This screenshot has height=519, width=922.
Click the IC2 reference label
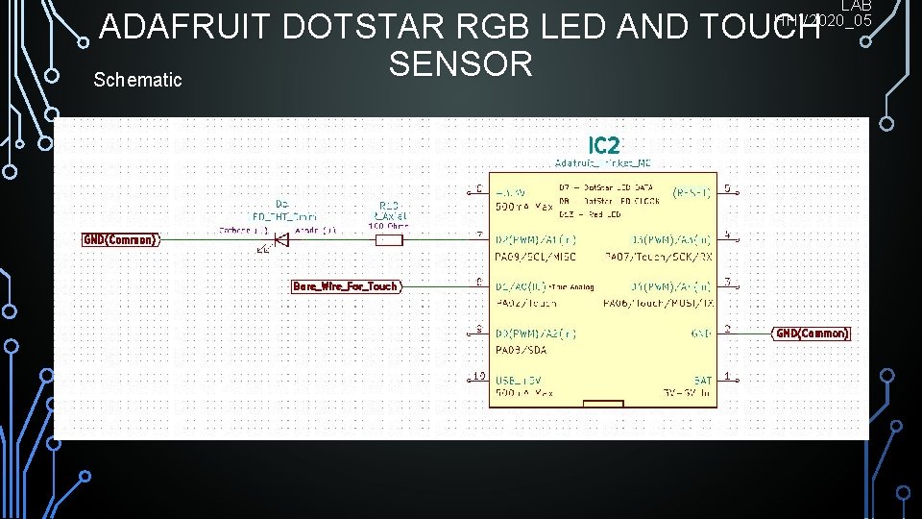(604, 146)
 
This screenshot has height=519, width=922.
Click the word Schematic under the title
(137, 80)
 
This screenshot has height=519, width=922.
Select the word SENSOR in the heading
(460, 64)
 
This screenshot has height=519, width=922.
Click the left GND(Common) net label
(119, 239)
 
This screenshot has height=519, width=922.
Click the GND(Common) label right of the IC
(812, 334)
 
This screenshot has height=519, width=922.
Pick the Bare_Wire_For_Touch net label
(345, 286)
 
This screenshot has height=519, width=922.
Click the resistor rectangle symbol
(388, 239)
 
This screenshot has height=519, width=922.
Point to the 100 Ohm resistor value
(388, 227)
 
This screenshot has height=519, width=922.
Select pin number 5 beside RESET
(727, 188)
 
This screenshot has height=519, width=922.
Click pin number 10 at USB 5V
(478, 376)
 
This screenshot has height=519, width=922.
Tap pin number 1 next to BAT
(727, 376)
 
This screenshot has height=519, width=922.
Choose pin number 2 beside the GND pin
(727, 330)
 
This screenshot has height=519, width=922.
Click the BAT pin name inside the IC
(701, 381)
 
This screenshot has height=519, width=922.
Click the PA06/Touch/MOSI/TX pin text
(658, 303)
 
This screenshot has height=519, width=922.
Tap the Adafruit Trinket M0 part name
(603, 163)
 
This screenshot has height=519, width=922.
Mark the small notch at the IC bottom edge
(602, 404)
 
